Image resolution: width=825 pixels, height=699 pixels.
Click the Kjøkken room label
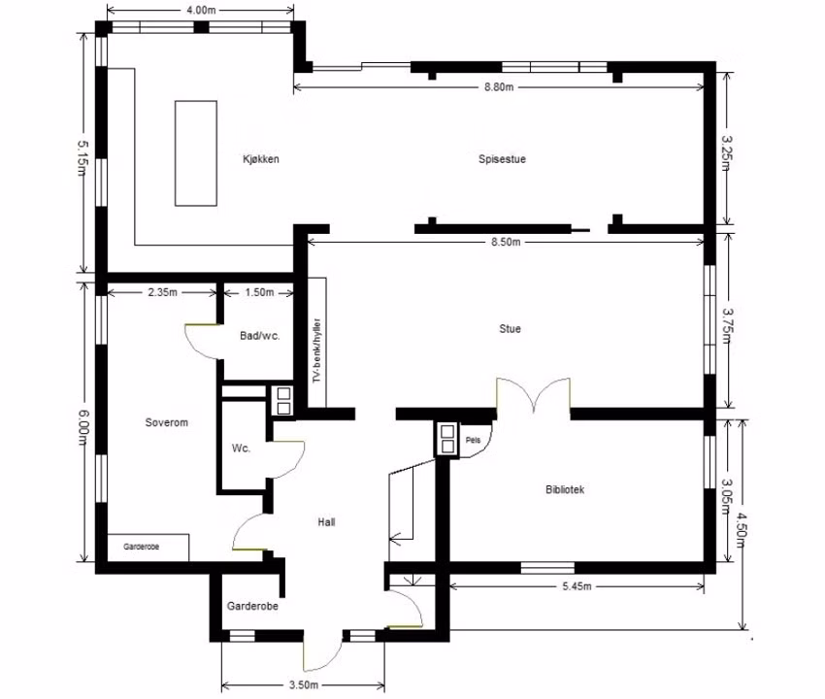[x=261, y=159]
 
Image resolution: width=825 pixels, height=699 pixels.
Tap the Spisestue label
[x=502, y=159]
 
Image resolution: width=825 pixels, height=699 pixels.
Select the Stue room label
[x=510, y=328]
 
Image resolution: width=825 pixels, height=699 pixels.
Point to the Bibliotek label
[x=565, y=489]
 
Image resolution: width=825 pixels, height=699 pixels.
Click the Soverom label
[x=166, y=422]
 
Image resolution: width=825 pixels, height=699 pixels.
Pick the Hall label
[x=326, y=522]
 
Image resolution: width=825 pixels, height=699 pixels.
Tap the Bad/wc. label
[x=259, y=336]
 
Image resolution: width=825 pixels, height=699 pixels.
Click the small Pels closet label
[x=473, y=440]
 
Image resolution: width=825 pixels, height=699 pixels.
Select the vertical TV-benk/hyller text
[x=316, y=350]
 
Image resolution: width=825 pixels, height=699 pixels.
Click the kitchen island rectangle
[x=196, y=153]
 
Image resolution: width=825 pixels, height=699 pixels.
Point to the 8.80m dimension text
[x=499, y=86]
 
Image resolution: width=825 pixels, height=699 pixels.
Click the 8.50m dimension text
[x=506, y=242]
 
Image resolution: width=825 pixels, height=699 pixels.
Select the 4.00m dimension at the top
[x=201, y=10]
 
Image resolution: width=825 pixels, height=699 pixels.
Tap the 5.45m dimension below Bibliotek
[x=577, y=586]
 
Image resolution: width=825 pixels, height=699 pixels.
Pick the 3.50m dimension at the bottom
[x=304, y=684]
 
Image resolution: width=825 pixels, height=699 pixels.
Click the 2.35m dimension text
[x=163, y=292]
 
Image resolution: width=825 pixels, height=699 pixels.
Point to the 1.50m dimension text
[x=259, y=292]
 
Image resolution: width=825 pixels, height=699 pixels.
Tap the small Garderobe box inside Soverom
[x=148, y=548]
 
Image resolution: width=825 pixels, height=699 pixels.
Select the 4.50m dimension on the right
[x=741, y=531]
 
